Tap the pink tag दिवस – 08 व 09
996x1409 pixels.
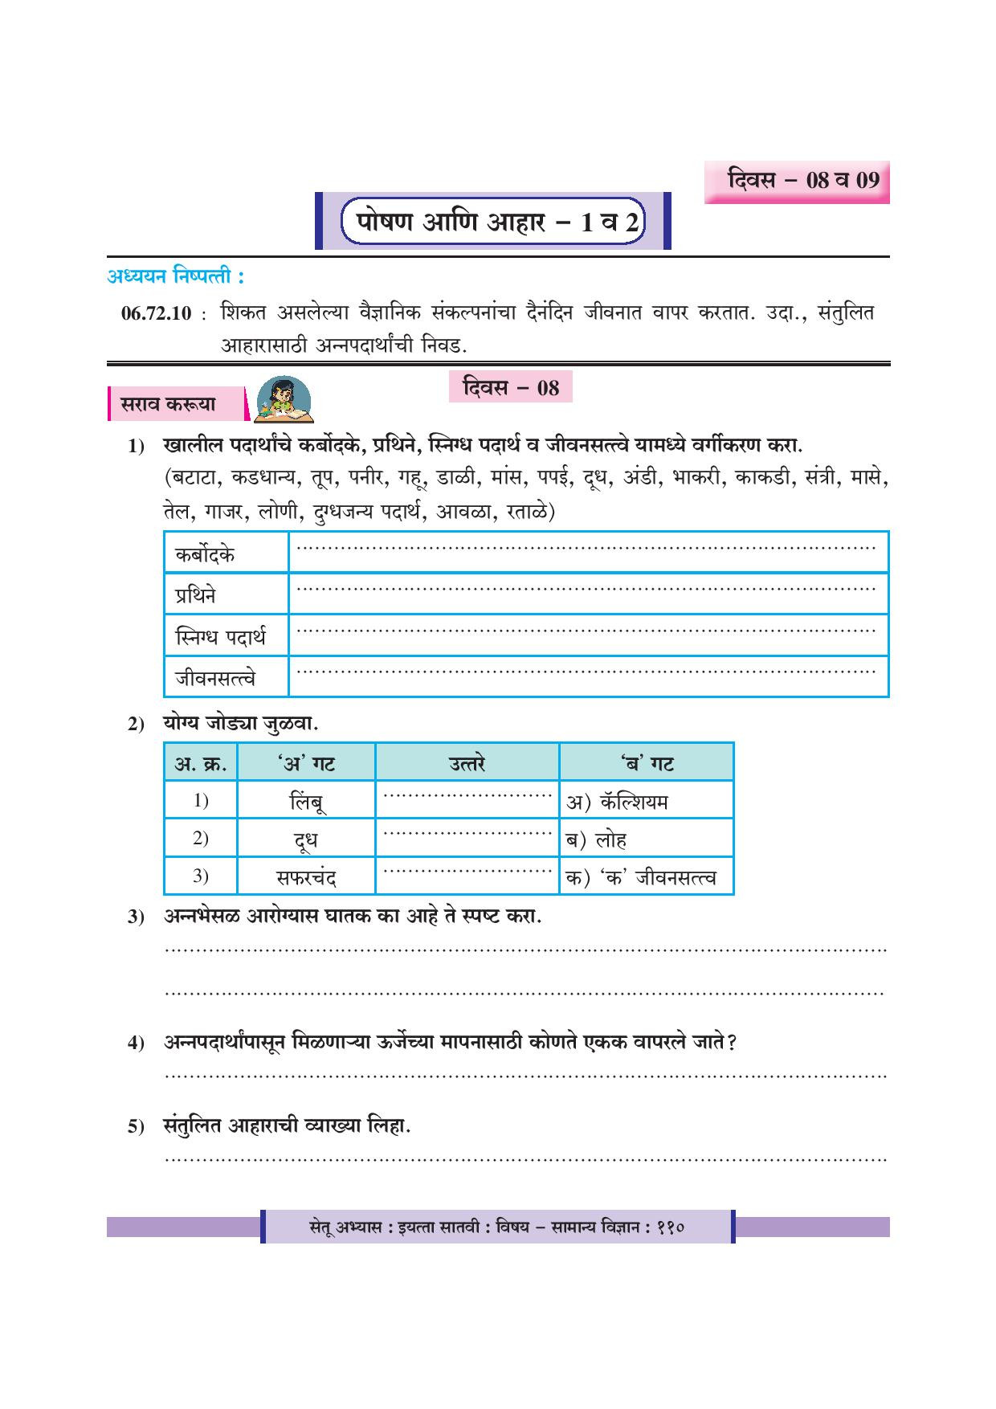(x=797, y=180)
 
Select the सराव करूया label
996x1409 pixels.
(x=169, y=405)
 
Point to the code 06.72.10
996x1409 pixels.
(x=156, y=314)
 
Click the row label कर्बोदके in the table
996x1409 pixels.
(x=206, y=554)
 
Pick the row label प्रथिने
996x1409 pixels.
(x=196, y=596)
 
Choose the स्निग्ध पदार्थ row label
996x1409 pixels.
(x=220, y=638)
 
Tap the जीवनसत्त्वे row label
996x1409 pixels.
(x=215, y=679)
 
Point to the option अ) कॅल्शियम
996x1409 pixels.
(x=618, y=802)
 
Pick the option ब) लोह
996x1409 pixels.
(x=597, y=840)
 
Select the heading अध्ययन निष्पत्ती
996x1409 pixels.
(x=175, y=277)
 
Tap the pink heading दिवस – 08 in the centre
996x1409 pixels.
(x=511, y=388)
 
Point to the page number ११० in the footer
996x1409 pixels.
(x=668, y=1227)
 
